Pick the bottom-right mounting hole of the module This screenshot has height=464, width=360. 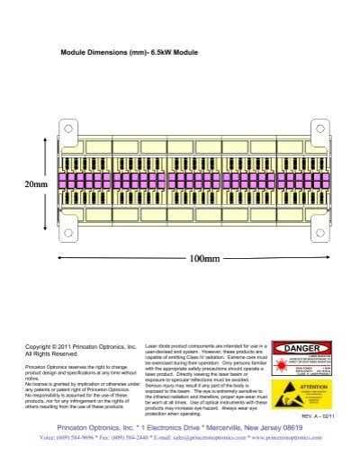click(x=318, y=235)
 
